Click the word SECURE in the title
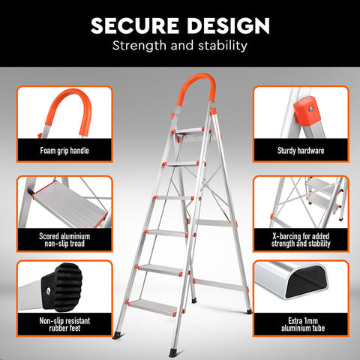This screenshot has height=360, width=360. [133, 25]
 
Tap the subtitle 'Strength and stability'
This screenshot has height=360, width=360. [180, 46]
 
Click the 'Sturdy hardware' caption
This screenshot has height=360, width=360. [300, 150]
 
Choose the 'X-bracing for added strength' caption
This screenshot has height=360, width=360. [300, 240]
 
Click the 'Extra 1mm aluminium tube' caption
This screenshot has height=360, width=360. [300, 327]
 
